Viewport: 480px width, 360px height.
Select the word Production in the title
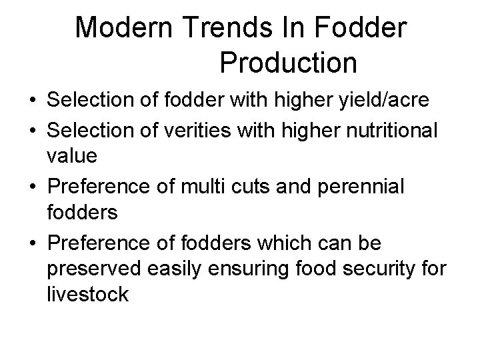(x=288, y=63)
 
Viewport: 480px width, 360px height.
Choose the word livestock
(x=87, y=294)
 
